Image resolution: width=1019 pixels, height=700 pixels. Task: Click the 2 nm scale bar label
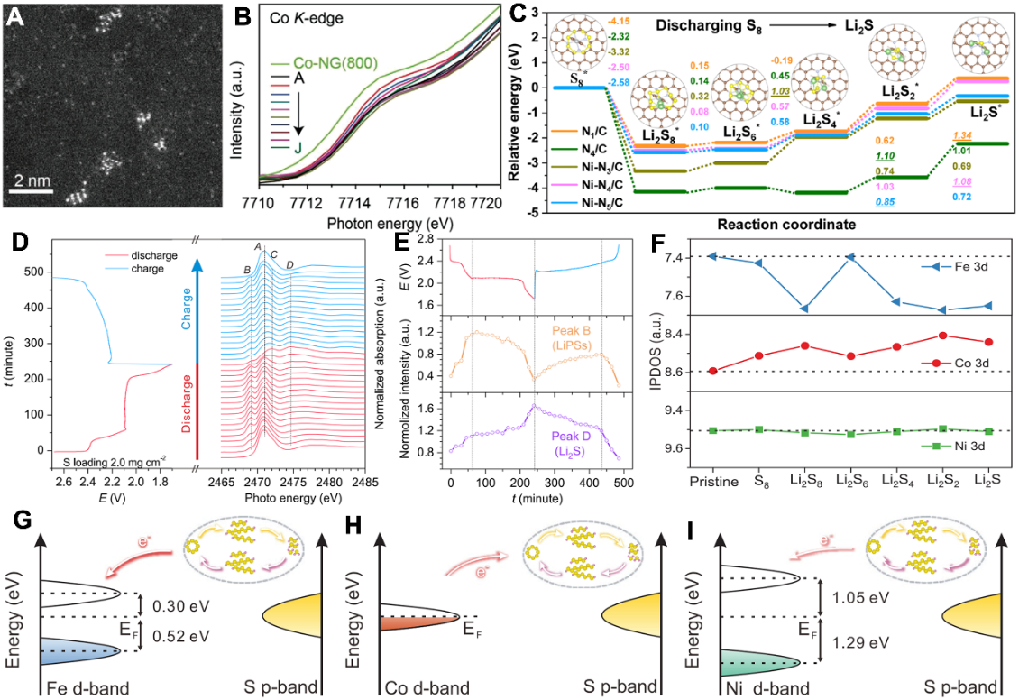pos(32,180)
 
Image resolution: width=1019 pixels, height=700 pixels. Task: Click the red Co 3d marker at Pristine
pos(713,371)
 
